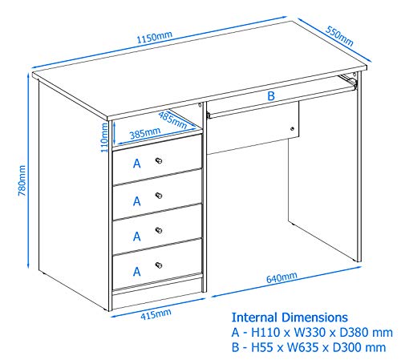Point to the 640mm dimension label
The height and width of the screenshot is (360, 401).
pyautogui.click(x=281, y=278)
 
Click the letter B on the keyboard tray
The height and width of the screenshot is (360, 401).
pyautogui.click(x=271, y=96)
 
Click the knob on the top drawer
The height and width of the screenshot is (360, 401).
pyautogui.click(x=159, y=161)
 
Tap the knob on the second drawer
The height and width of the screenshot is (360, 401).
pyautogui.click(x=159, y=196)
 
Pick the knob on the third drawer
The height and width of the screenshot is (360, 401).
pyautogui.click(x=159, y=230)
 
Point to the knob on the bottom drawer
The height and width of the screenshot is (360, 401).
pyautogui.click(x=159, y=265)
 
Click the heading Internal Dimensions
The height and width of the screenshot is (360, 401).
pyautogui.click(x=290, y=318)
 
